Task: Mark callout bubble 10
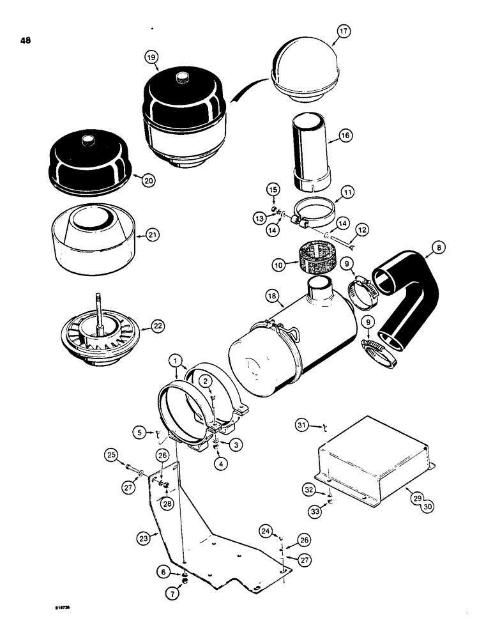click(280, 264)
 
